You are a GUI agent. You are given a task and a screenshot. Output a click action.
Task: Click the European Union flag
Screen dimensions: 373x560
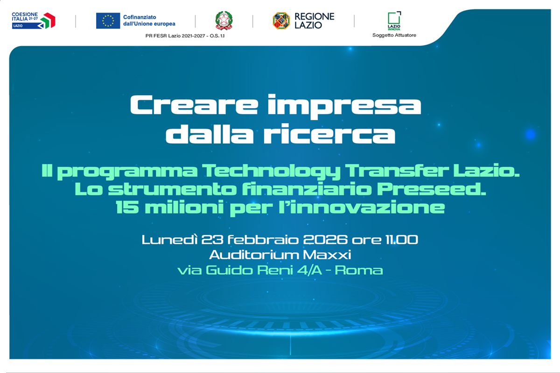pos(108,21)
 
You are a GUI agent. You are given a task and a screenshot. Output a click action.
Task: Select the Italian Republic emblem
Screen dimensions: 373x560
pos(224,21)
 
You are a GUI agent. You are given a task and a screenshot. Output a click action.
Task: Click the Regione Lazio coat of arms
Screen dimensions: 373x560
pos(281,21)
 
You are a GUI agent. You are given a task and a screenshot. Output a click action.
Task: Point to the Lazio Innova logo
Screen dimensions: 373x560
pos(394,21)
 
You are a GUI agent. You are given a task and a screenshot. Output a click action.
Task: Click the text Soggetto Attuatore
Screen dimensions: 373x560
pos(394,35)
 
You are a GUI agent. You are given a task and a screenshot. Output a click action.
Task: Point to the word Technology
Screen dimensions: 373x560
pos(269,171)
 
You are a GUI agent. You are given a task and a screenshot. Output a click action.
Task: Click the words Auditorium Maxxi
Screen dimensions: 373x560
pos(280,255)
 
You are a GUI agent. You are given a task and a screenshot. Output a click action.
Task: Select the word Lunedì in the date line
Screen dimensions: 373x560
pos(169,241)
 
